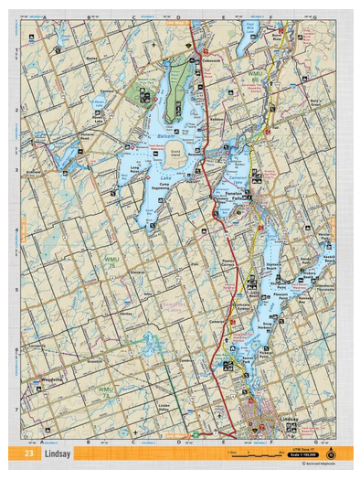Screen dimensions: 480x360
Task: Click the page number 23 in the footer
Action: [x=29, y=453]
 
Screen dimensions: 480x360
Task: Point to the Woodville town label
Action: [x=51, y=379]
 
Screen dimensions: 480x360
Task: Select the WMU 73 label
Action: [x=106, y=390]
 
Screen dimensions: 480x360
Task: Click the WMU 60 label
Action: [x=255, y=69]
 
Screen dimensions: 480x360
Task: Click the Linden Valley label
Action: [x=164, y=406]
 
